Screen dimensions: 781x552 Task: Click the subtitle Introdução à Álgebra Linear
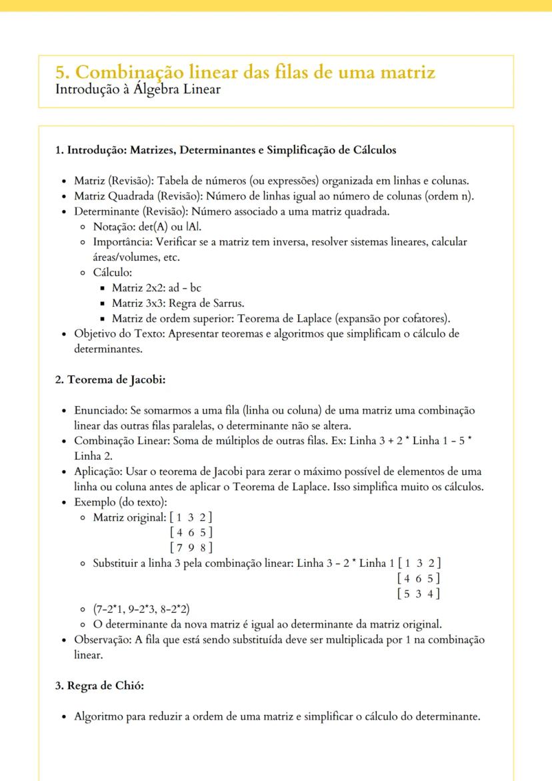tap(139, 89)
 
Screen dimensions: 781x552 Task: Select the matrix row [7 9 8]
tap(191, 548)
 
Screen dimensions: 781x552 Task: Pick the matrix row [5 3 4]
tap(418, 593)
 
